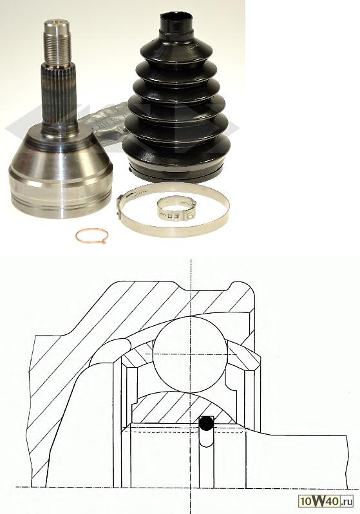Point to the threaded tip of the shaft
[57, 43]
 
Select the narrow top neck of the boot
[176, 23]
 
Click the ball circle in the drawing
[190, 354]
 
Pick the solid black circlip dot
[206, 424]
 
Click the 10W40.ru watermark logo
[326, 501]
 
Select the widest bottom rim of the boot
[176, 171]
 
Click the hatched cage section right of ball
[243, 356]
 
